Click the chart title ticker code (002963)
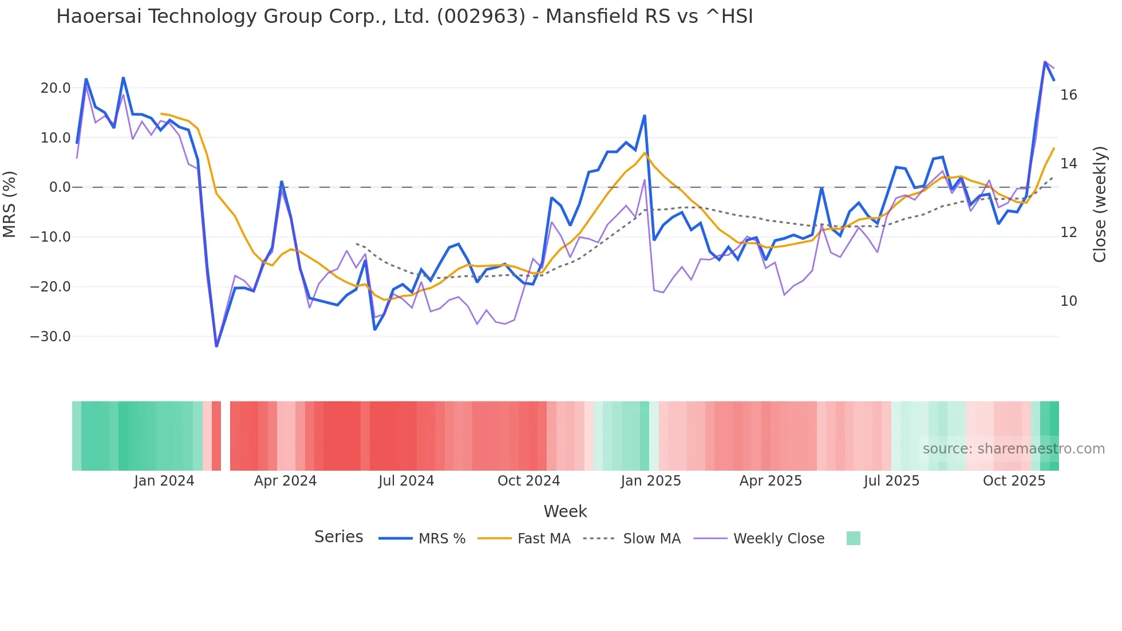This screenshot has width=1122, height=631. click(x=481, y=17)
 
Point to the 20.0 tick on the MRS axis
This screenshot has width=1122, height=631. click(x=56, y=88)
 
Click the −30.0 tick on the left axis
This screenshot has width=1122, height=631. click(x=50, y=337)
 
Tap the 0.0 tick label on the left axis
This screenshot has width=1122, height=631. click(x=60, y=187)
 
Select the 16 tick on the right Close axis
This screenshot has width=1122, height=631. click(x=1068, y=95)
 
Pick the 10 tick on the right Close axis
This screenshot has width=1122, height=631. click(x=1068, y=301)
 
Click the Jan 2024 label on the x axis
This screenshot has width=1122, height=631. click(x=164, y=481)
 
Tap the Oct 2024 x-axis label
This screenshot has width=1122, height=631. click(x=528, y=481)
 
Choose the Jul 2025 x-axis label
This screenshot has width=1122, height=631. click(x=891, y=481)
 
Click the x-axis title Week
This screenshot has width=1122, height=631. click(x=565, y=511)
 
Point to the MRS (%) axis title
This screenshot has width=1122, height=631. click(x=10, y=204)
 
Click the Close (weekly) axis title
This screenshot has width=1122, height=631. click(x=1099, y=204)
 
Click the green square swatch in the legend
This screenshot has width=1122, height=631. click(x=853, y=538)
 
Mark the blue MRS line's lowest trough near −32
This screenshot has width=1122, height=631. click(x=216, y=346)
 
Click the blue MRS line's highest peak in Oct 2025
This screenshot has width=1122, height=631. click(x=1045, y=62)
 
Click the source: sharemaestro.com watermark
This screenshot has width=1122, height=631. click(x=1013, y=449)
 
